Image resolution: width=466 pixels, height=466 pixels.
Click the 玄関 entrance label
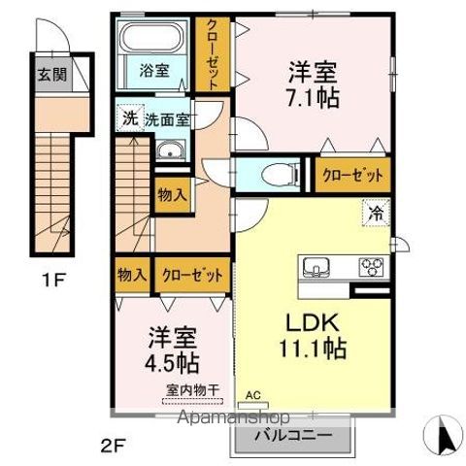point(48,73)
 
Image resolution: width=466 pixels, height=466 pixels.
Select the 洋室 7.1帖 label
point(311,83)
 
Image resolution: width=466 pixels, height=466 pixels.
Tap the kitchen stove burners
point(372,266)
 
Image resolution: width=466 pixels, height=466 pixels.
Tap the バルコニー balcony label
point(290,436)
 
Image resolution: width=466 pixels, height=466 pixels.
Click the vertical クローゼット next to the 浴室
point(211,55)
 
